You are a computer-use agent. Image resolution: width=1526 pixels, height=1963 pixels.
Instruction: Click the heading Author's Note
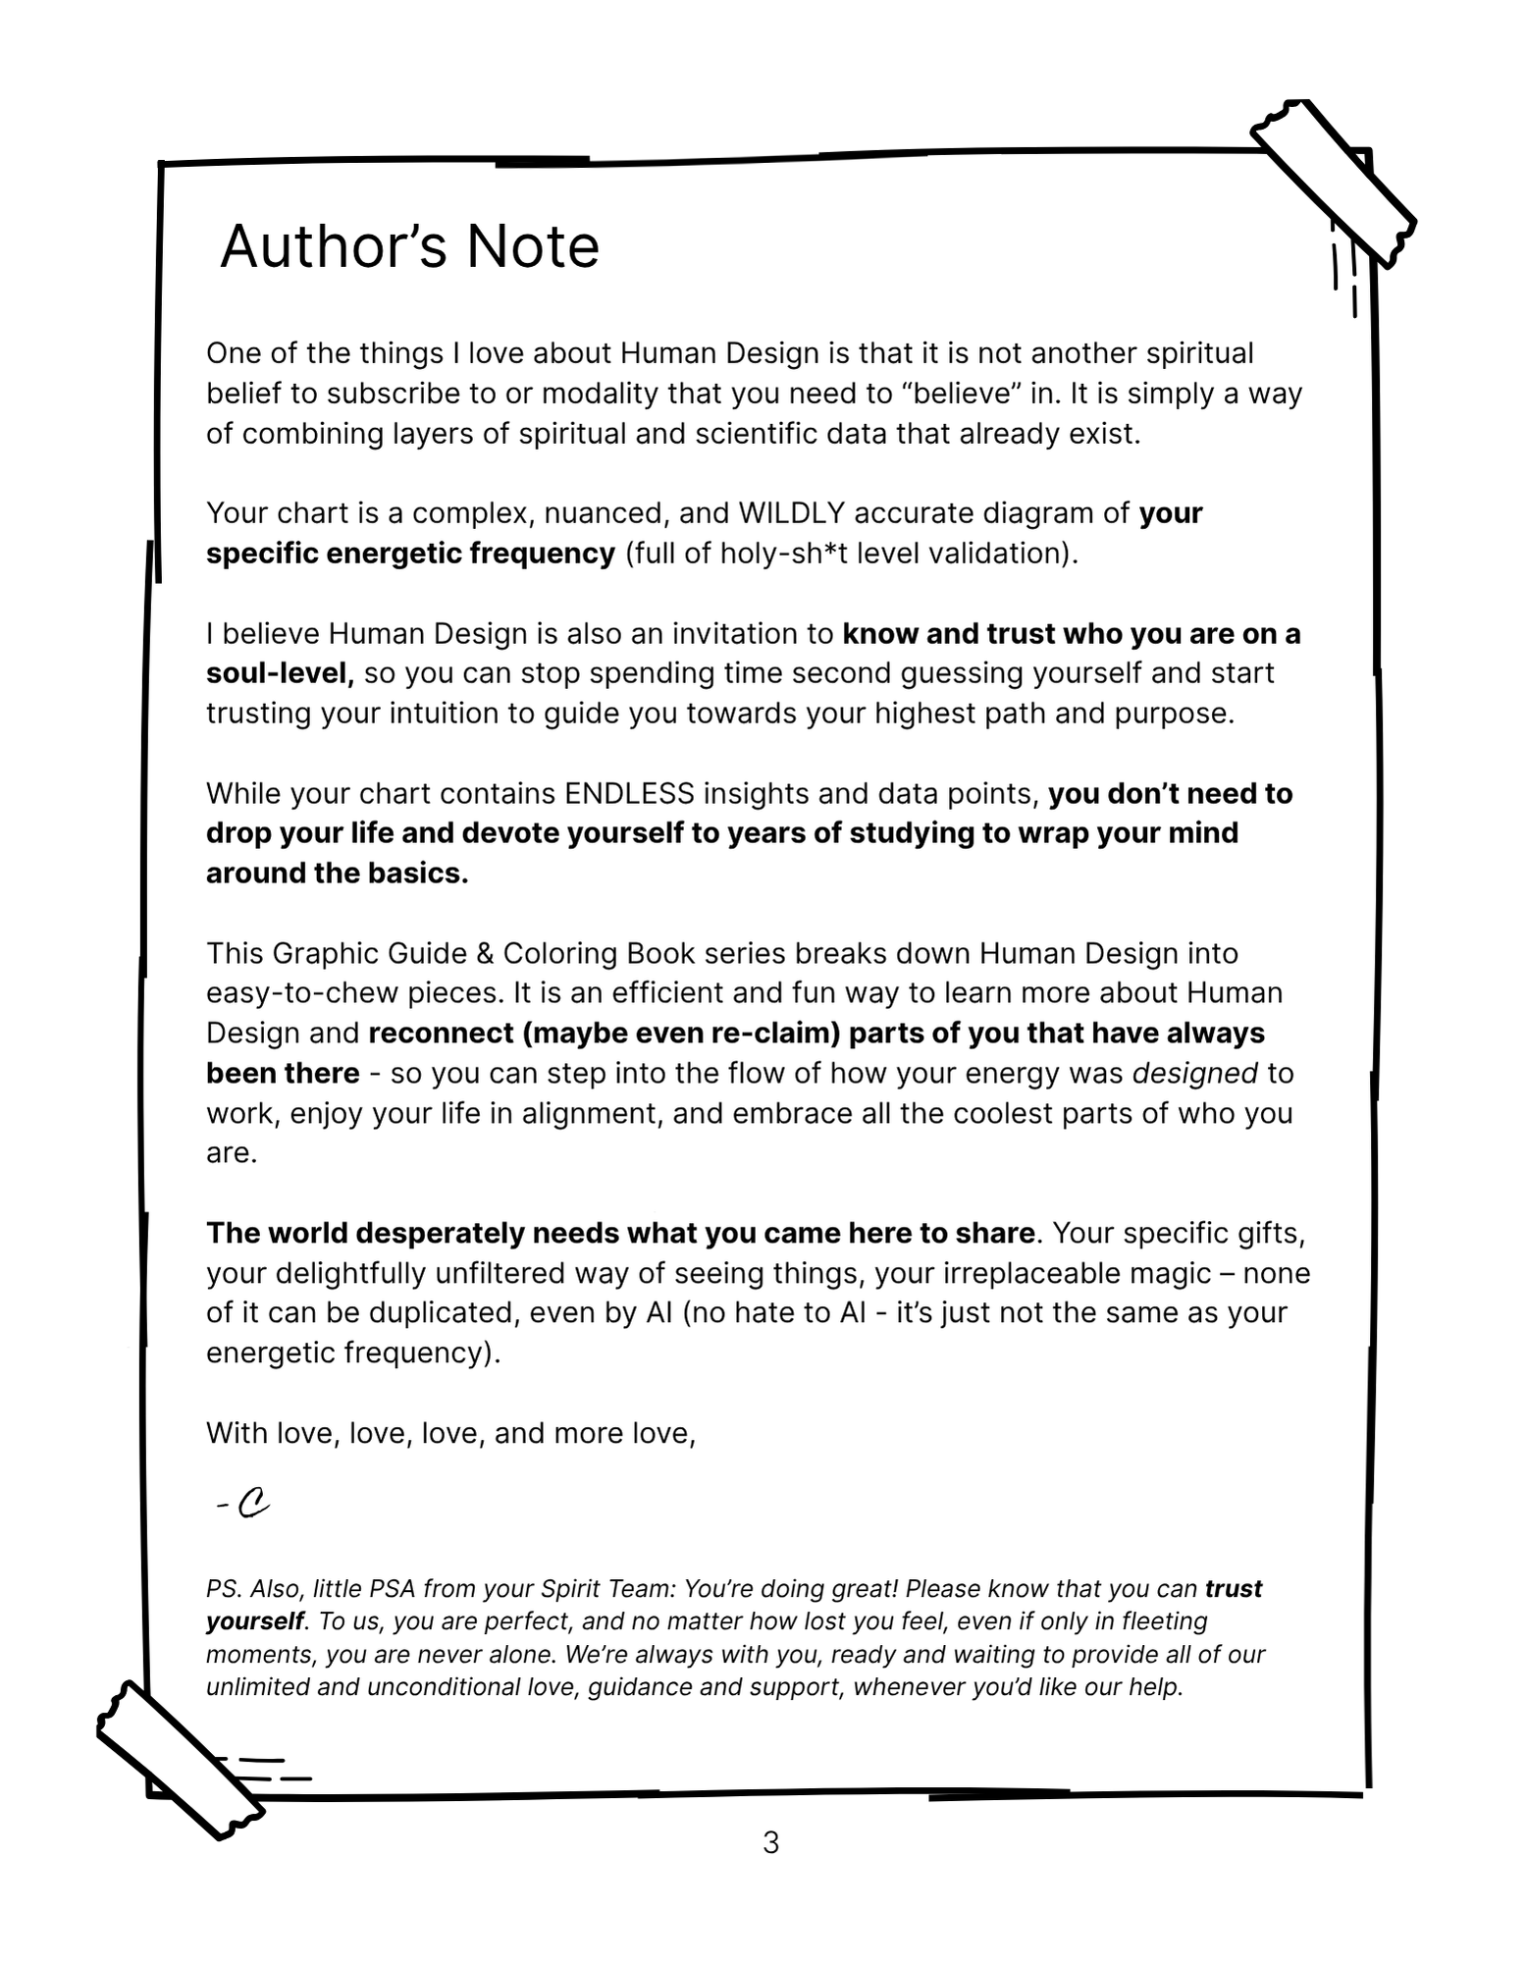409,246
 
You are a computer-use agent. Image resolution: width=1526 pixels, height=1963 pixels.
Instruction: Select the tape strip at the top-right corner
1333,183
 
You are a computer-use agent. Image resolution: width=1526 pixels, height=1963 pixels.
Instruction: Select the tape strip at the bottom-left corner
181,1761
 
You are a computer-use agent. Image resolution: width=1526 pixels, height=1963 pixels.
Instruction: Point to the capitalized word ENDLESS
629,793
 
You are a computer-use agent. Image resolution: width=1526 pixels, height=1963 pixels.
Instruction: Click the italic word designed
1194,1073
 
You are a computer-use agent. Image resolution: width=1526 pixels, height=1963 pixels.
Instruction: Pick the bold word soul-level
279,673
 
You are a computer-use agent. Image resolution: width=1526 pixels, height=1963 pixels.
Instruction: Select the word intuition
446,714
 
